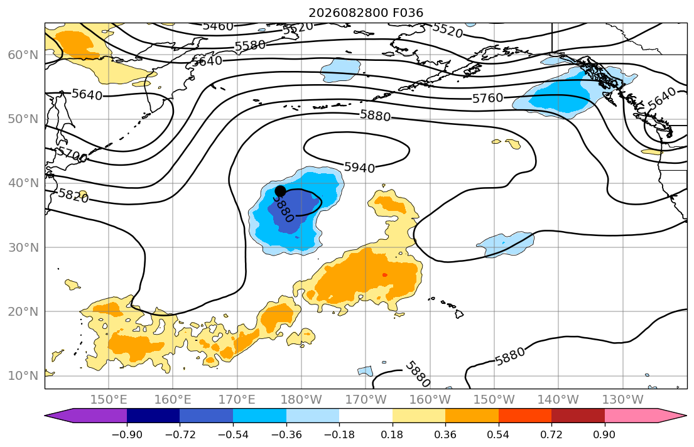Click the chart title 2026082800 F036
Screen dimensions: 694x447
click(x=366, y=13)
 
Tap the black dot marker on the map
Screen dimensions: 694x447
click(x=280, y=191)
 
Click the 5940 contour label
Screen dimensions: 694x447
click(x=359, y=167)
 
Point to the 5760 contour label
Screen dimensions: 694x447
click(x=488, y=98)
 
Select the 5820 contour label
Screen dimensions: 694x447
click(x=73, y=195)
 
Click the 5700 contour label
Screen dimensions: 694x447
click(x=72, y=154)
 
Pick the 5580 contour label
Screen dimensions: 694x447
click(x=250, y=46)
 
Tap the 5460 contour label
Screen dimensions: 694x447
click(x=218, y=26)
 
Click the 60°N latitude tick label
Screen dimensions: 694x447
click(x=23, y=55)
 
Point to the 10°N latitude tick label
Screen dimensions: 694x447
click(x=23, y=376)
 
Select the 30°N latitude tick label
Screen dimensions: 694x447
click(x=23, y=247)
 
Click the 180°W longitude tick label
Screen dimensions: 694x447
click(x=301, y=400)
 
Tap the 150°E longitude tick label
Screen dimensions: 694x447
click(x=109, y=400)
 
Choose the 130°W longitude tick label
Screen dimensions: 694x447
click(x=623, y=400)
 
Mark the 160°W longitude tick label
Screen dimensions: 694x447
click(x=430, y=400)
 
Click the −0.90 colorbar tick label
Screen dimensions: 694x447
click(x=127, y=434)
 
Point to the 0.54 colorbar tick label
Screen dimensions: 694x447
click(x=499, y=434)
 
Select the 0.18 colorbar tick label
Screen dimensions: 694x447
click(x=392, y=434)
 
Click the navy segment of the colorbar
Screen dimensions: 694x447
click(x=153, y=416)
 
